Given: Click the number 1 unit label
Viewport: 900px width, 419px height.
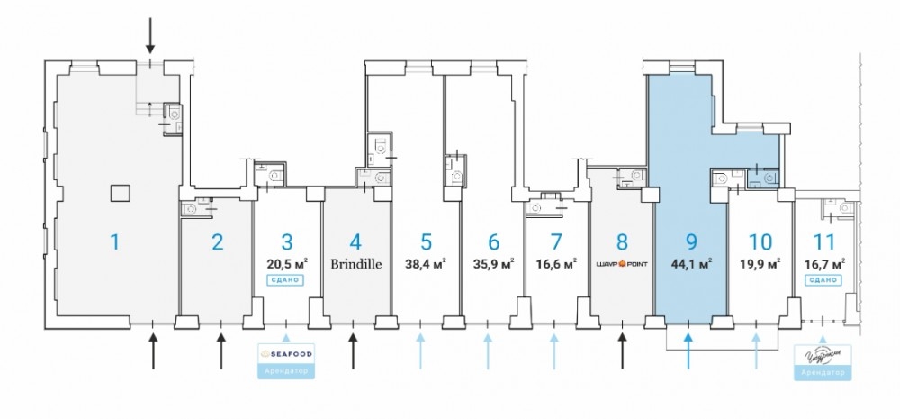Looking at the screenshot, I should (x=114, y=241).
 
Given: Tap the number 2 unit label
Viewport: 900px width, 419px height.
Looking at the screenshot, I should (x=217, y=241).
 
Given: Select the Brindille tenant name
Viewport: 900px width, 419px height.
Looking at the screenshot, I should (x=355, y=265).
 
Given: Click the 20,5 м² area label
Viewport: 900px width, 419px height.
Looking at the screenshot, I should (x=287, y=264).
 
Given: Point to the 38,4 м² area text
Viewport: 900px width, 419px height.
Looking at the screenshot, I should (x=427, y=265).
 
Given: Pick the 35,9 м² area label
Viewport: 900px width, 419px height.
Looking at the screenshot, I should (x=492, y=265).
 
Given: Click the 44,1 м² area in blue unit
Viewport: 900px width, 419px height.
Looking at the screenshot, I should (x=692, y=264).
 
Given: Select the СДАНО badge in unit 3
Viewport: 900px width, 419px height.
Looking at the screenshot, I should (x=286, y=280).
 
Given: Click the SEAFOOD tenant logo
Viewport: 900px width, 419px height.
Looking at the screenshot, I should (x=287, y=351).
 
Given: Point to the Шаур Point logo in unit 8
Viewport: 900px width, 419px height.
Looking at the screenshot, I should (x=622, y=265).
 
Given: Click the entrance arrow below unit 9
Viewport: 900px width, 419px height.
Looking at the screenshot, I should (x=688, y=351).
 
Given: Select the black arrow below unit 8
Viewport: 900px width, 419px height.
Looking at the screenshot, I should (x=622, y=351).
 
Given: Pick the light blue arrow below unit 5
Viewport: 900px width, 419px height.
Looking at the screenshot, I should (x=420, y=351).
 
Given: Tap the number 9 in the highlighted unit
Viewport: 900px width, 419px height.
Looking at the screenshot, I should (x=691, y=241).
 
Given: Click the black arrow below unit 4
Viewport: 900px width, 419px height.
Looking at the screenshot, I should (x=353, y=351).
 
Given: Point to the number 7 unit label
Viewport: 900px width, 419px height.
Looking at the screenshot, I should (x=556, y=241).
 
